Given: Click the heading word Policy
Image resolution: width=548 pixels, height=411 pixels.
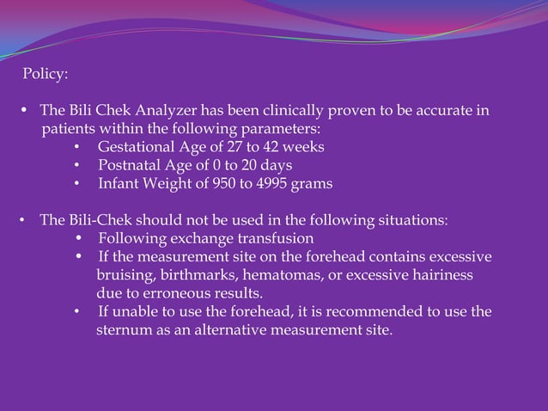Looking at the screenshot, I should [45, 75].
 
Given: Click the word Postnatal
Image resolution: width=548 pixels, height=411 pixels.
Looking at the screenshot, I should [128, 165].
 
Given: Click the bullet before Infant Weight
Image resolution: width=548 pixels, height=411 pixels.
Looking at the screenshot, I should [77, 184].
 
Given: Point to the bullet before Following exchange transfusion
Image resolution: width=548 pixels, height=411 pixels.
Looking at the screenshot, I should [79, 238].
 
